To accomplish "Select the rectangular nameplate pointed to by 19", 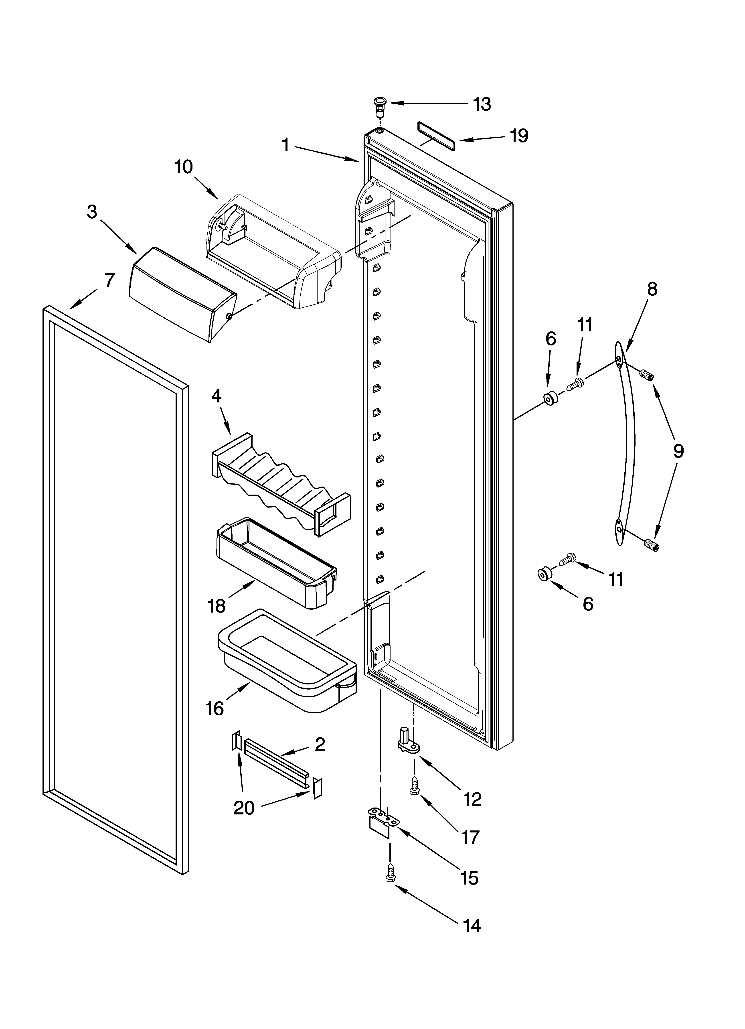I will pos(435,136).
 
